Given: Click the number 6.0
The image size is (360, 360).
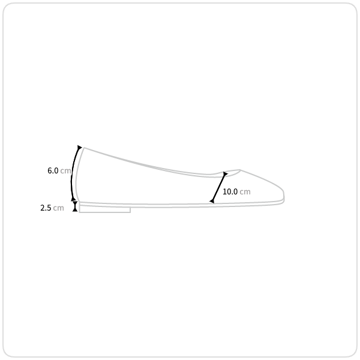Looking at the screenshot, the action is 53,170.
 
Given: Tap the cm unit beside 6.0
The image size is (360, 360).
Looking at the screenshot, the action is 65,171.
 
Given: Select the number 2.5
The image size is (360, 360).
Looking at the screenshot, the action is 46,208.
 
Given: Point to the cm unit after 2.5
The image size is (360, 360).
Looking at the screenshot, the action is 58,208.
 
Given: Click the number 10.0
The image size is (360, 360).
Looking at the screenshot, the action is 230,192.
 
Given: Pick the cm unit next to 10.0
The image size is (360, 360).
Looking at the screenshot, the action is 245,192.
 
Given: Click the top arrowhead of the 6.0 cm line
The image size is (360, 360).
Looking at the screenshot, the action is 79,148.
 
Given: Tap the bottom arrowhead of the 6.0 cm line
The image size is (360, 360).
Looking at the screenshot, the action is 73,199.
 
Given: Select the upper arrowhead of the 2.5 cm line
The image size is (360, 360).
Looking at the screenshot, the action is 75,203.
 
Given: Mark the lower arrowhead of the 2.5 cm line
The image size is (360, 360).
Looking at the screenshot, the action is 75,209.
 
